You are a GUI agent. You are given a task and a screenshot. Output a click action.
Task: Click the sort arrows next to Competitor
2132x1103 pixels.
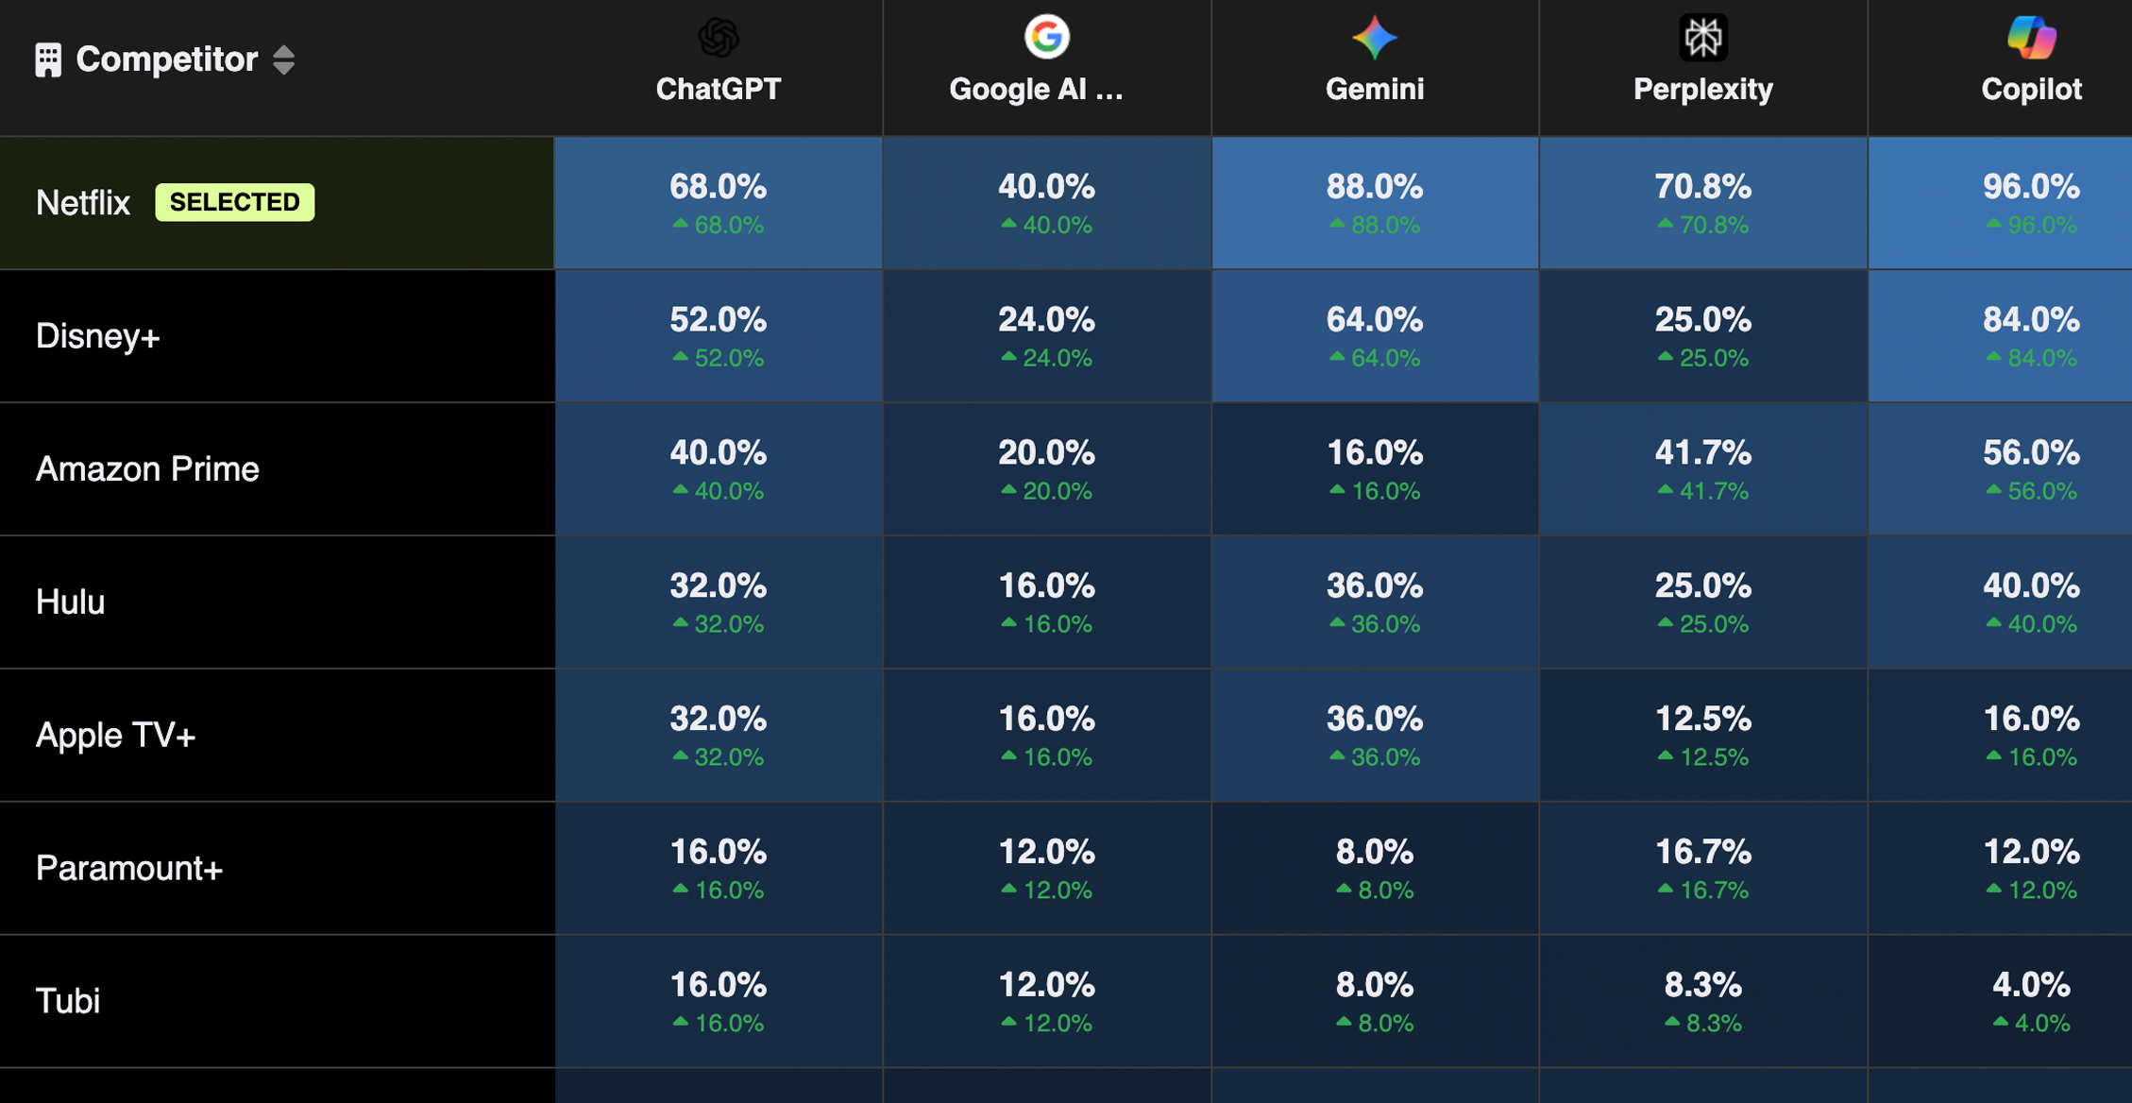pos(283,59)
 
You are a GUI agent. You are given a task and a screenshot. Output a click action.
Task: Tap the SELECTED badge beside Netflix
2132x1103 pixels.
pos(234,202)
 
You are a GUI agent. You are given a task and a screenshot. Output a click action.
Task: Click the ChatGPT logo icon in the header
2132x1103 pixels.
pos(718,38)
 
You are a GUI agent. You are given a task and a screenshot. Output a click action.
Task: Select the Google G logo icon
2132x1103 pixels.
pos(1046,38)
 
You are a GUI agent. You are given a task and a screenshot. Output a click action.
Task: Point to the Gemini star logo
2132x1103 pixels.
pos(1374,38)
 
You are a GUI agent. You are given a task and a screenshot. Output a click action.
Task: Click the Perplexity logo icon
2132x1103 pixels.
pos(1702,38)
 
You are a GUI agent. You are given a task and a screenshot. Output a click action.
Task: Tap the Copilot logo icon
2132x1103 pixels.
pos(2031,38)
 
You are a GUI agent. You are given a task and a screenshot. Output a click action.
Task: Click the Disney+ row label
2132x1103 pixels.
pos(98,336)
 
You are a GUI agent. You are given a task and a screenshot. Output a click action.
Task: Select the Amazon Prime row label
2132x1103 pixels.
pos(147,469)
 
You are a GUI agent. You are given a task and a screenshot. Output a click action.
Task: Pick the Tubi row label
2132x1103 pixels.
pos(68,1001)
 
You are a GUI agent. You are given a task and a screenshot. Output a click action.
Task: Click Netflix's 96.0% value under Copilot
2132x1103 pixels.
pos(2031,187)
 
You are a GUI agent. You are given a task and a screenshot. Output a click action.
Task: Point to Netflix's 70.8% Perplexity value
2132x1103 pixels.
pos(1702,187)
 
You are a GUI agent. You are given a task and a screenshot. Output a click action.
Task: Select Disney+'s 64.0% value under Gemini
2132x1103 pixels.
pos(1374,320)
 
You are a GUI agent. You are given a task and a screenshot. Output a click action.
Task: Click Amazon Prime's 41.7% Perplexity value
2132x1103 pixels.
pos(1702,453)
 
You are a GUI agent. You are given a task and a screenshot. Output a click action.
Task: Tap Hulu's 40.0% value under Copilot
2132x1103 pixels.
pos(2031,586)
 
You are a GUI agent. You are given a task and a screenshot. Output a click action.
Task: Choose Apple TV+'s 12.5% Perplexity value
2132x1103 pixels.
pos(1702,720)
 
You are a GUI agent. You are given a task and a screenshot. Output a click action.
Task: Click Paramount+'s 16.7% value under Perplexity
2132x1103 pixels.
pos(1702,853)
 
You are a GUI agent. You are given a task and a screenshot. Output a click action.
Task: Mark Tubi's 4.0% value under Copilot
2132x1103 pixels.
pos(2031,986)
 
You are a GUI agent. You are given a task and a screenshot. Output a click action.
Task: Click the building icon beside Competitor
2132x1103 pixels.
pos(48,59)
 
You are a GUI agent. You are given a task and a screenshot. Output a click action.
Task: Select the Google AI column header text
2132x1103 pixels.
pos(1036,89)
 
